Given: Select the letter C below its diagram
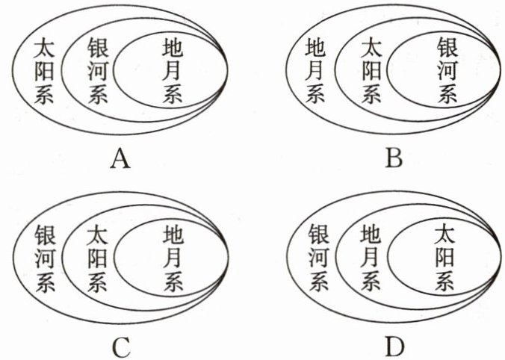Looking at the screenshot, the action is pos(122,347).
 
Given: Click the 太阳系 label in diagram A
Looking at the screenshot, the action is pos(45,73).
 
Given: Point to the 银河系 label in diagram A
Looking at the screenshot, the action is pos(98,73).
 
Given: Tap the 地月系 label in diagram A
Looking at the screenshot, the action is pos(172,72).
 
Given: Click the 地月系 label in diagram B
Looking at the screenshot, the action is pos(316,73).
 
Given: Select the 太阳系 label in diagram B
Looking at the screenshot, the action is pos(369,73).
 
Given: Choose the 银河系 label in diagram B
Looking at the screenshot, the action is pos(446,72).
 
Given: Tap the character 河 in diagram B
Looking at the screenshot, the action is pos(446,72).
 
